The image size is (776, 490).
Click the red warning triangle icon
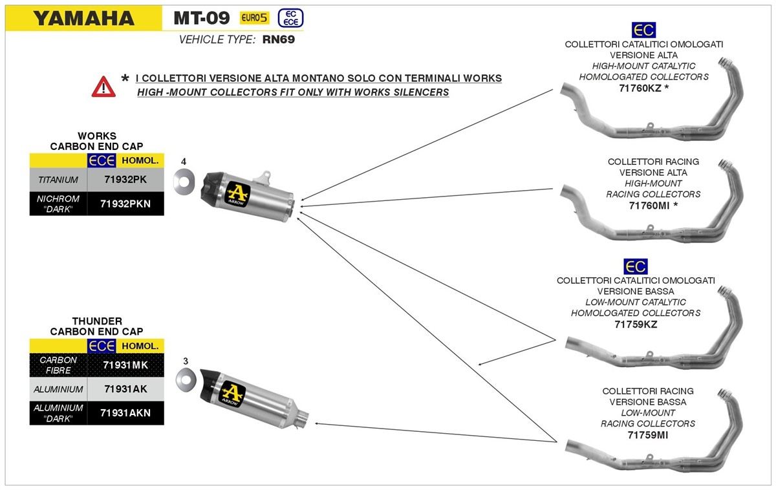point(103,87)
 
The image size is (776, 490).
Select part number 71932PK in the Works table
point(125,180)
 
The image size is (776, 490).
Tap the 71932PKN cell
point(125,204)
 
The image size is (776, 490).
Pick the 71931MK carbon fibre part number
point(125,365)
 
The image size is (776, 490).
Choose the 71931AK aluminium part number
point(125,389)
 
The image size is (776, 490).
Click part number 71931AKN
point(125,412)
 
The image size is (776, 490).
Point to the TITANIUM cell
point(58,180)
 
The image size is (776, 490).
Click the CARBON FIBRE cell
point(58,365)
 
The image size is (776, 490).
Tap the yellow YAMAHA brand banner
point(83,18)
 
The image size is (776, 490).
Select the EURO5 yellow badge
point(254,18)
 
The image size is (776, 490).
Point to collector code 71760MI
point(649,205)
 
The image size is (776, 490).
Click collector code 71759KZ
point(636,324)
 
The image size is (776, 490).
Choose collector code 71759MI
point(647,434)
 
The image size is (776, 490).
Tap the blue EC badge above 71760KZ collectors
point(643,30)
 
